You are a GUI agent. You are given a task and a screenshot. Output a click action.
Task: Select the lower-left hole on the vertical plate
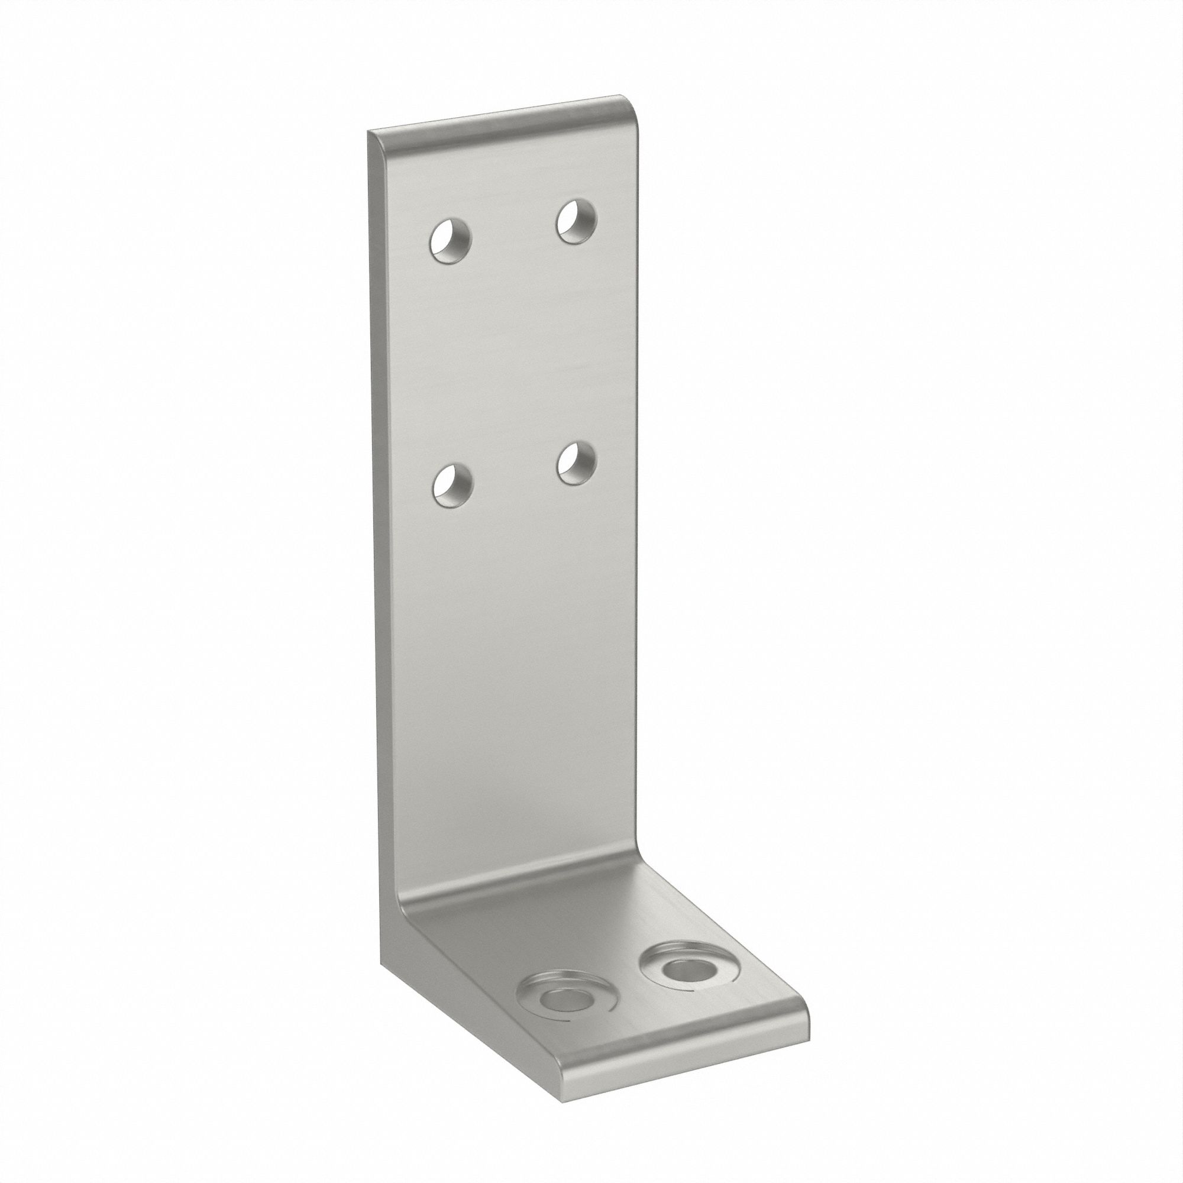(452, 484)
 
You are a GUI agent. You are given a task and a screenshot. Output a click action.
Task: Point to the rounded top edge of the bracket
(502, 115)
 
